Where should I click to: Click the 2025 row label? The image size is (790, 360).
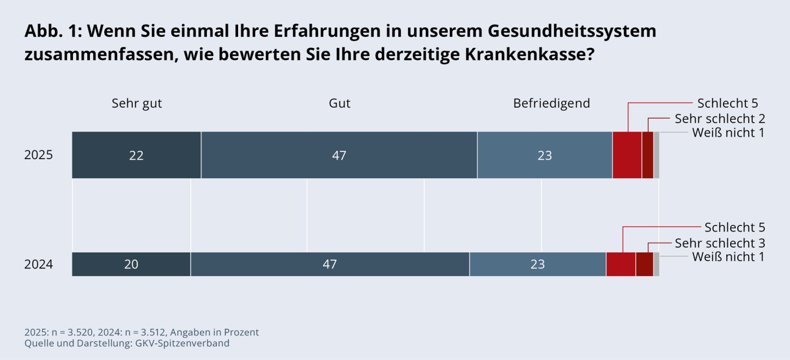38,155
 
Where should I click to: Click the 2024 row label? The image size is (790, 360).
38,265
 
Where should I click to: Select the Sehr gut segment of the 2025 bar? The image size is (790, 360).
137,155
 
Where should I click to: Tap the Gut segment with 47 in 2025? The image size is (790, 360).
339,155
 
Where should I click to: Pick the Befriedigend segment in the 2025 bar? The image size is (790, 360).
545,155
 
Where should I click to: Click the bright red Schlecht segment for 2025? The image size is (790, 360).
627,155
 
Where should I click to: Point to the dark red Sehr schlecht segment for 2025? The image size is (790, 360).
647,155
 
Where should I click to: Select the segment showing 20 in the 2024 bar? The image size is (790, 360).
131,265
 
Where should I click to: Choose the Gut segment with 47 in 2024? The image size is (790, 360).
330,265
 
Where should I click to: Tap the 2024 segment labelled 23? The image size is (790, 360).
538,265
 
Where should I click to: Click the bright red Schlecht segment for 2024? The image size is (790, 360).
621,265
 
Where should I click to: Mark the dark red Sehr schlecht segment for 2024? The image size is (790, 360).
645,265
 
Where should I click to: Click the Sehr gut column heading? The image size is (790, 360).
137,103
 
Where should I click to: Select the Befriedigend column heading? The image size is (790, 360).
551,103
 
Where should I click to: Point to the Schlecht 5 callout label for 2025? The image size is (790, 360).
727,103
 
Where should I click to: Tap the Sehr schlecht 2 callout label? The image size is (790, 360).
720,119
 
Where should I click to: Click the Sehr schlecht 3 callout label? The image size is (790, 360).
720,243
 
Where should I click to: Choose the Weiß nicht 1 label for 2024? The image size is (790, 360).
728,257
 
